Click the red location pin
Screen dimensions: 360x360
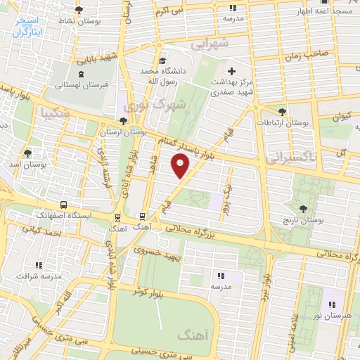tap(181, 166)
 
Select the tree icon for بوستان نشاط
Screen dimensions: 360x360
tap(77, 11)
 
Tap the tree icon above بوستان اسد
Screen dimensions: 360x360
tap(28, 153)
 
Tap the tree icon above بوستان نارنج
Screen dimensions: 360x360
tap(303, 209)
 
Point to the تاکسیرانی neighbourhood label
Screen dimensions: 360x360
tap(290, 157)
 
